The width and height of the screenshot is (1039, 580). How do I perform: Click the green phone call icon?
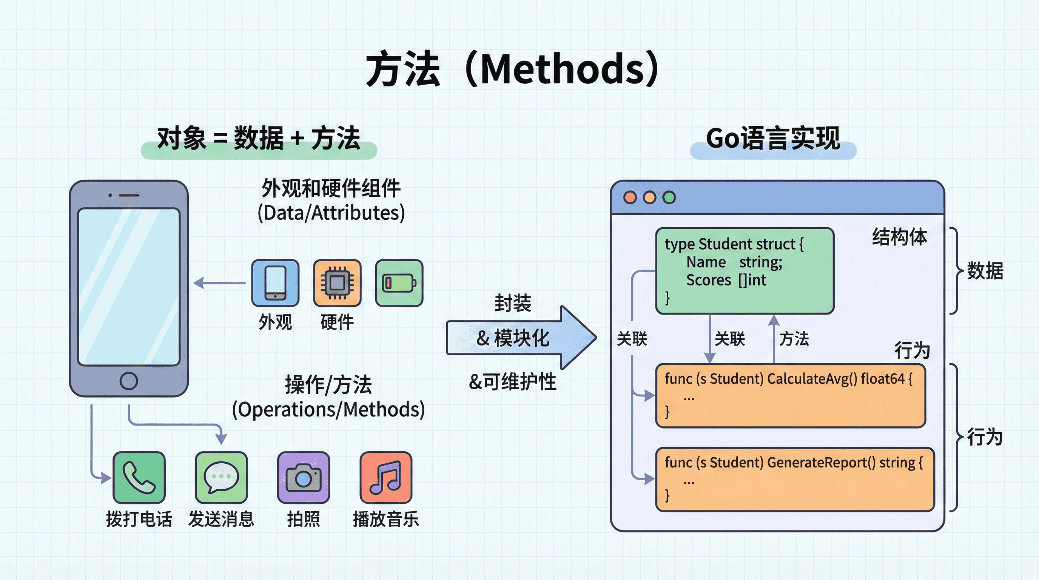[139, 478]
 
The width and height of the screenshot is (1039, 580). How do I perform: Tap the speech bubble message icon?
[221, 478]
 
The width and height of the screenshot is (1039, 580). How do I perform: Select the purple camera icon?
[303, 478]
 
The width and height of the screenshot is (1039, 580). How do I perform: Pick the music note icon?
[385, 478]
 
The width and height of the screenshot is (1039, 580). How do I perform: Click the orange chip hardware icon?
[337, 283]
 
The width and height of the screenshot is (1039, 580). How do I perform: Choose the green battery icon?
[399, 283]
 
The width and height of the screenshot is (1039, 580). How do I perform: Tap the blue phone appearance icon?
[275, 283]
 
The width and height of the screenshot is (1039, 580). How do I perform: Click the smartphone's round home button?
[129, 381]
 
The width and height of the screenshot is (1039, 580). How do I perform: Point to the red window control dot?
[630, 197]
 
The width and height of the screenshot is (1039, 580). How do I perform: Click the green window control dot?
[669, 197]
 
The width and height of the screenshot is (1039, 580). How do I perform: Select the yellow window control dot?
[649, 197]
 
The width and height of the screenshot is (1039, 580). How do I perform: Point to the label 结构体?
[899, 237]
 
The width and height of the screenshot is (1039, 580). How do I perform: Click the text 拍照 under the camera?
[303, 519]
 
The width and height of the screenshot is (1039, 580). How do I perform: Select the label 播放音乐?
[385, 519]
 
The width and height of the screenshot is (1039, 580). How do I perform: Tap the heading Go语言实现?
[773, 138]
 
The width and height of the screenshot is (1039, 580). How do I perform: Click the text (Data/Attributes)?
[331, 213]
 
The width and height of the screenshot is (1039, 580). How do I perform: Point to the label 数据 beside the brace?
[985, 271]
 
